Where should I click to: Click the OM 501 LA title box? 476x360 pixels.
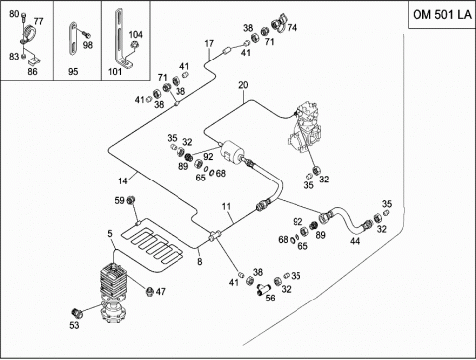tap(441, 15)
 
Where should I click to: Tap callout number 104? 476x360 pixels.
tap(136, 35)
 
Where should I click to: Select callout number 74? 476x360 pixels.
tap(292, 28)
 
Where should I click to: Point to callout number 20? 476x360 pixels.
tap(243, 85)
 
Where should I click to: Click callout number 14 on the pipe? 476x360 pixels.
tap(123, 181)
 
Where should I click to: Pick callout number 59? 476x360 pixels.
tap(119, 200)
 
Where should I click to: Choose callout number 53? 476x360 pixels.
tap(74, 325)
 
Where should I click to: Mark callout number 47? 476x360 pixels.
tap(161, 292)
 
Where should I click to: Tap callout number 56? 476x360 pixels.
tap(270, 298)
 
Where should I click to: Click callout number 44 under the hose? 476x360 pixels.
tap(355, 241)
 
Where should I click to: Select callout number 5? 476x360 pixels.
tap(110, 234)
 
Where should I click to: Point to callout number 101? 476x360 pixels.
tap(115, 71)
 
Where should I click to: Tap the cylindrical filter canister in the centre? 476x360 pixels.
tap(232, 151)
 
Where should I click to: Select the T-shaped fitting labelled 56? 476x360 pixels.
tap(263, 288)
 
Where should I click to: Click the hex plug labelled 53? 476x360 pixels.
tap(76, 312)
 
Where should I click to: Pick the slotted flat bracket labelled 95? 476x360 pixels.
tap(73, 38)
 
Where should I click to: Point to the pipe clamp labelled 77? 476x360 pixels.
tap(28, 34)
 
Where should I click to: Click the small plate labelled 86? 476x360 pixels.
tap(34, 60)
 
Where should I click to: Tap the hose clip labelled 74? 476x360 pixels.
tap(279, 23)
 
